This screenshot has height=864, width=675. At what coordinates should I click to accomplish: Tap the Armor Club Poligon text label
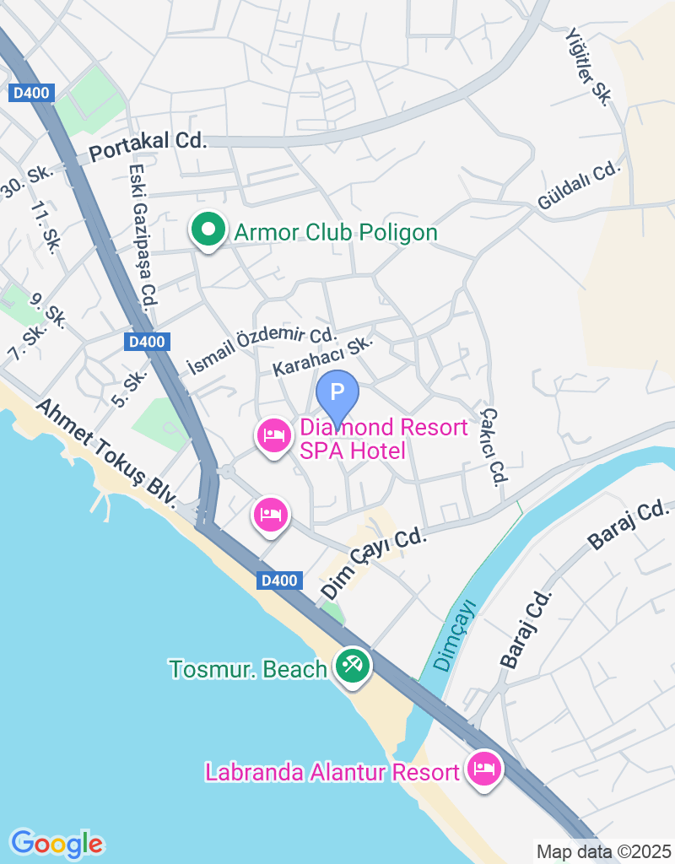[x=336, y=233]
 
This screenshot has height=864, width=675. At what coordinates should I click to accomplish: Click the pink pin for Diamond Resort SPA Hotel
[x=273, y=436]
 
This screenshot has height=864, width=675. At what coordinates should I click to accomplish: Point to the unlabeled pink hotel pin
[x=270, y=514]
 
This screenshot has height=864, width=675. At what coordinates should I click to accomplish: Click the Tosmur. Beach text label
[x=248, y=670]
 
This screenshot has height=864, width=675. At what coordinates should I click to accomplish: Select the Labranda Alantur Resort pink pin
[x=484, y=769]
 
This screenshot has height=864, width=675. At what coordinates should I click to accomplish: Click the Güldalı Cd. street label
[x=579, y=186]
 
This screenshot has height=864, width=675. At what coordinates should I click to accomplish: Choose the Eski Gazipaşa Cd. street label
[x=141, y=237]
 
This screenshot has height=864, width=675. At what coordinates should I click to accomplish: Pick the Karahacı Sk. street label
[x=322, y=358]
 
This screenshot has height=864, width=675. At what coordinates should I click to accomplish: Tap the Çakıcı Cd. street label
[x=494, y=446]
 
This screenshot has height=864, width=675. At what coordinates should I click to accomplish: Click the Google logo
[x=57, y=842]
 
